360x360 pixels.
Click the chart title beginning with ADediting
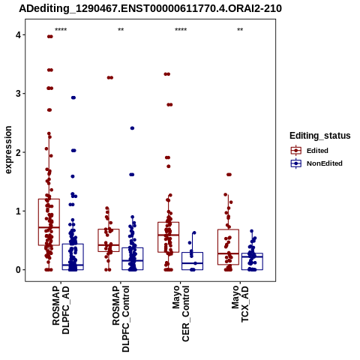pyautogui.click(x=150, y=8)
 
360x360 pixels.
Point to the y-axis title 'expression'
pyautogui.click(x=8, y=150)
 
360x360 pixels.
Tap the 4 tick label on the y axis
pyautogui.click(x=18, y=35)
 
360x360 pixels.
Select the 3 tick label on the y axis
pyautogui.click(x=18, y=94)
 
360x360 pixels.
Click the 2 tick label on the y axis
pyautogui.click(x=18, y=152)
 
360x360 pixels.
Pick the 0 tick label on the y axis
pyautogui.click(x=18, y=270)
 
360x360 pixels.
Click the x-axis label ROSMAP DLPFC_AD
pyautogui.click(x=61, y=310)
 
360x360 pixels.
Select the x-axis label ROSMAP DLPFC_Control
pyautogui.click(x=121, y=319)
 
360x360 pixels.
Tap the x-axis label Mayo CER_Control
pyautogui.click(x=181, y=313)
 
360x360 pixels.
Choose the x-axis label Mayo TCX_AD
pyautogui.click(x=240, y=304)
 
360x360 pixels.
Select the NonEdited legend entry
pyautogui.click(x=316, y=163)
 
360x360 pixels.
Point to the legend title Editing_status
pyautogui.click(x=320, y=136)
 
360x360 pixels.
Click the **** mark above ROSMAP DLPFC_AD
pyautogui.click(x=61, y=30)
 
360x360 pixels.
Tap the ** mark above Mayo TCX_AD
pyautogui.click(x=240, y=30)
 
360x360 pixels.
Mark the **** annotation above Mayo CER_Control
pyautogui.click(x=181, y=30)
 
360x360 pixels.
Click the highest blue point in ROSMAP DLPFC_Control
pyautogui.click(x=132, y=128)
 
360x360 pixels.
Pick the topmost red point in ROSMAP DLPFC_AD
pyautogui.click(x=50, y=37)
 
